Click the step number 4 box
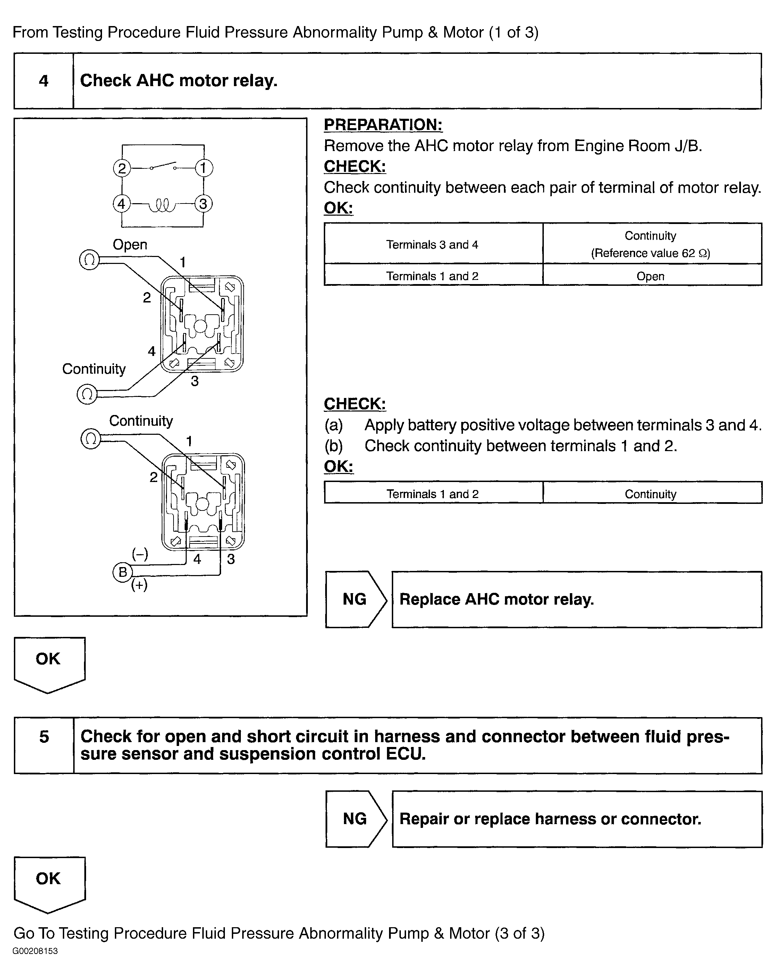click(44, 81)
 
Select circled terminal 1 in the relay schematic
click(203, 168)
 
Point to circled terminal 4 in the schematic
click(121, 204)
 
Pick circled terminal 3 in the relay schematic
click(203, 204)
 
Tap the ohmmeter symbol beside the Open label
click(90, 260)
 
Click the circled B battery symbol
click(122, 572)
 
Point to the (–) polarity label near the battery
click(140, 554)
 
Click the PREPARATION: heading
click(383, 125)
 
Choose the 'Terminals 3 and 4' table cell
click(432, 244)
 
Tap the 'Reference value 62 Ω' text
click(650, 253)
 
